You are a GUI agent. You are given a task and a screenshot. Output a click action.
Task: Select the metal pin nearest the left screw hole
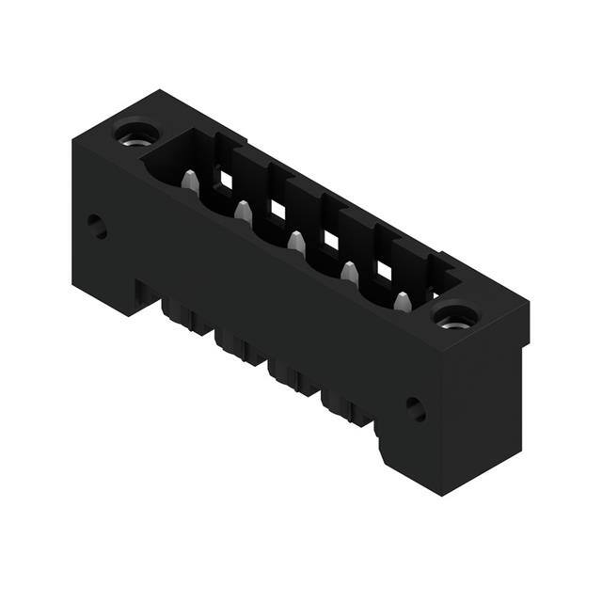[190, 182]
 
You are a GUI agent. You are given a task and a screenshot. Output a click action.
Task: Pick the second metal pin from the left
[243, 212]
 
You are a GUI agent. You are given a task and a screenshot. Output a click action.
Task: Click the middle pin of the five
[296, 242]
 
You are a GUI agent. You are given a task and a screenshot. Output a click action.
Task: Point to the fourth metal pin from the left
[349, 273]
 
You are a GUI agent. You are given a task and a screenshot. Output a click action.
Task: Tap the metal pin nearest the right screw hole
[403, 303]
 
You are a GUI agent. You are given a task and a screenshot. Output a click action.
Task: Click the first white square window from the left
[226, 178]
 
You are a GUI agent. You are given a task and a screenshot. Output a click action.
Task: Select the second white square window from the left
[278, 209]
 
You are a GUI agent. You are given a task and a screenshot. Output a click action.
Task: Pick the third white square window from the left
[331, 240]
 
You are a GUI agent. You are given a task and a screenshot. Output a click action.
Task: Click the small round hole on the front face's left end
[97, 226]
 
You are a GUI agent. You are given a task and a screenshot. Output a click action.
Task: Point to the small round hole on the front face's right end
[415, 408]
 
